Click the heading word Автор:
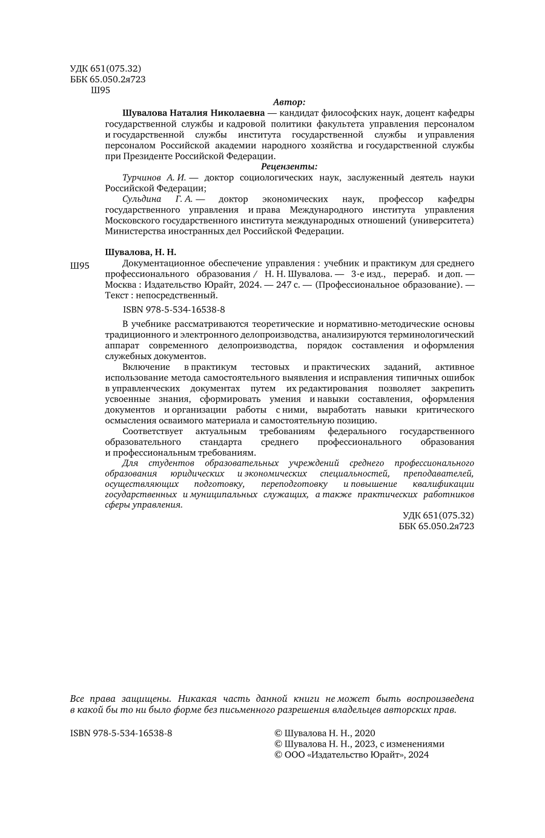tap(289, 102)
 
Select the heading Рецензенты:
tap(289, 167)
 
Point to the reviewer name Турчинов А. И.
tap(154, 177)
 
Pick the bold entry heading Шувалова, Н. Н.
tap(140, 252)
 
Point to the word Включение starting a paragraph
tap(146, 367)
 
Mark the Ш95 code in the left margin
tap(80, 266)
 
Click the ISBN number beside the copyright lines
tap(121, 733)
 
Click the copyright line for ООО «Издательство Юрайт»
tap(351, 754)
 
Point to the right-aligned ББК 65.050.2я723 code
tap(437, 526)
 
